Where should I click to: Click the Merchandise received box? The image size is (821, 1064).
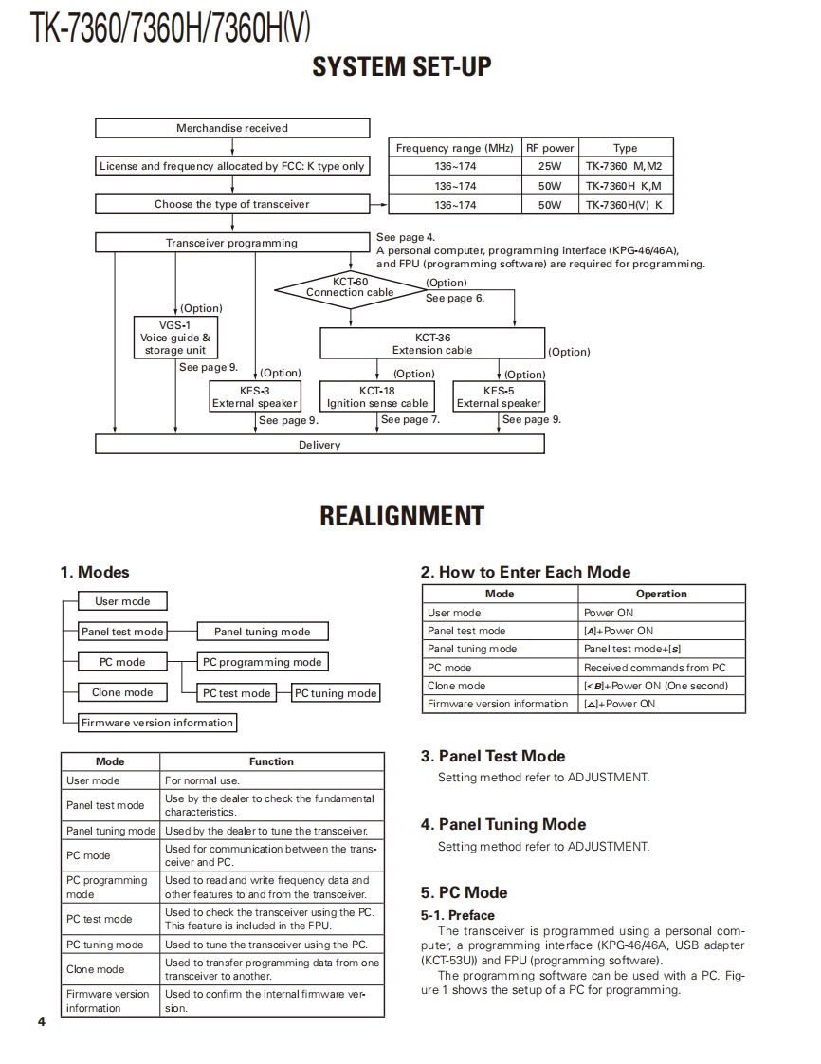coord(232,128)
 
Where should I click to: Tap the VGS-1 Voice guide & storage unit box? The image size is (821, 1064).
coord(175,338)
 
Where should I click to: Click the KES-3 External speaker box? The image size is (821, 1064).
coord(255,396)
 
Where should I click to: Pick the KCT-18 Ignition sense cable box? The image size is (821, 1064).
coord(377,396)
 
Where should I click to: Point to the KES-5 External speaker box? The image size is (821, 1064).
coord(499,396)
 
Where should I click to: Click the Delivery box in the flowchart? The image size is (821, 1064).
coord(319,444)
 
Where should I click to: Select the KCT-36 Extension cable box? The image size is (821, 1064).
coord(432,343)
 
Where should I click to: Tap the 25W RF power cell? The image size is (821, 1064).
coord(549,166)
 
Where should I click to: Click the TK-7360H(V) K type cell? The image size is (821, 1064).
coord(625,205)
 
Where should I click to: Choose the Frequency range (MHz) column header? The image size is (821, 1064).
coord(454,148)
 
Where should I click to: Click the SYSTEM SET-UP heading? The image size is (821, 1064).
coord(402,66)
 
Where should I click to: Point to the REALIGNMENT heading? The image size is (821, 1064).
coord(402,516)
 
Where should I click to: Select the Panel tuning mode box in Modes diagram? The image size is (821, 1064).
coord(263,632)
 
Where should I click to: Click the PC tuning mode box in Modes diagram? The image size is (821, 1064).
coord(336,693)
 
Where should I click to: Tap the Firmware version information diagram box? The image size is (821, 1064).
coord(157,723)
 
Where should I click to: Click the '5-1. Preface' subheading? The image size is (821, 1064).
coord(458,915)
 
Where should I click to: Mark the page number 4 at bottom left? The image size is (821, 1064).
coord(41,1021)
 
